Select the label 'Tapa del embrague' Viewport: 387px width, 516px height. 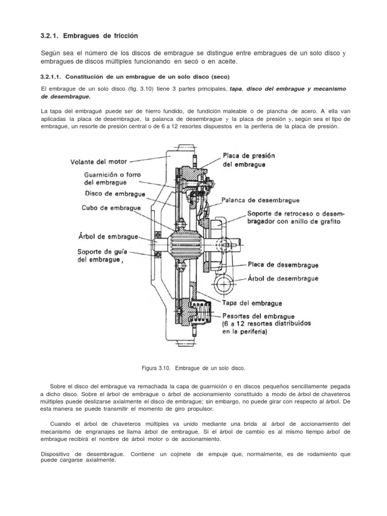(x=252, y=303)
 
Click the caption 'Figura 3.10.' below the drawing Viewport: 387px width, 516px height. (x=163, y=368)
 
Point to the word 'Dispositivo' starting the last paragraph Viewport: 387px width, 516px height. (x=57, y=454)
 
